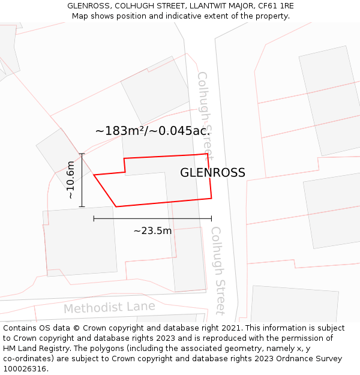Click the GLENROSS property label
(212, 173)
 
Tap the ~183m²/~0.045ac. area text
(152, 131)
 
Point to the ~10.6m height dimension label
(70, 180)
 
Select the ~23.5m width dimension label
(152, 230)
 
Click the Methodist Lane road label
(109, 308)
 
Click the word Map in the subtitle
(80, 16)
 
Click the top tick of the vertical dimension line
(82, 154)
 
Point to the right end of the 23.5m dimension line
(211, 218)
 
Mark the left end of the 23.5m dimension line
(94, 218)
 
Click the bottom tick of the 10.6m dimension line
(82, 207)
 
